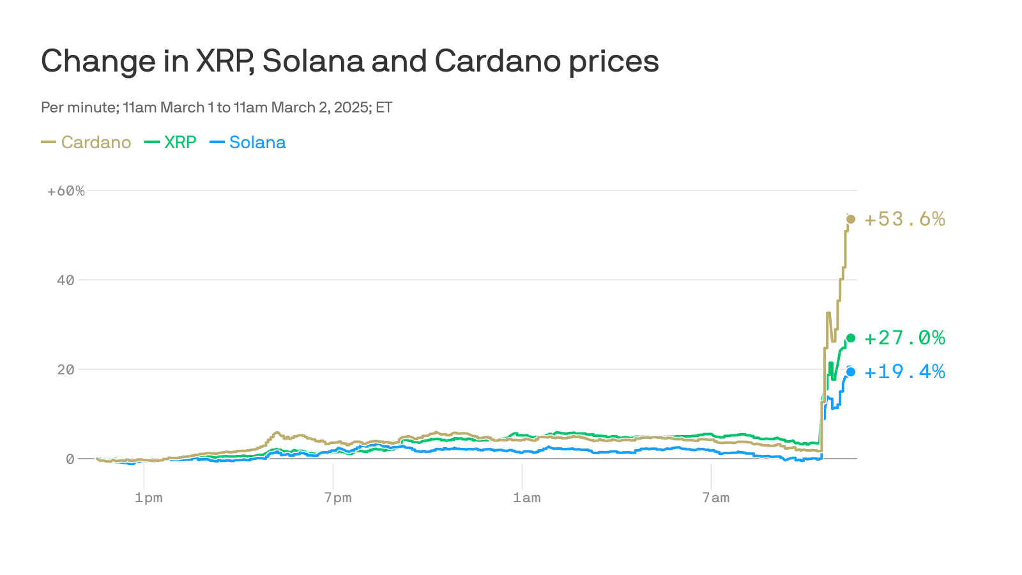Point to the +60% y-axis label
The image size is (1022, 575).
click(x=66, y=191)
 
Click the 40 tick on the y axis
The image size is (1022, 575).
click(x=66, y=280)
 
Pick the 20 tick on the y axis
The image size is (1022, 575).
click(x=66, y=369)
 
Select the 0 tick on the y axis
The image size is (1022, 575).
click(x=70, y=459)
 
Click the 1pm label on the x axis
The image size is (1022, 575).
click(x=148, y=498)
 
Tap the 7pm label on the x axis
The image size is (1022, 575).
click(x=337, y=498)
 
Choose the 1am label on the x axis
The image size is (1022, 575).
click(x=526, y=498)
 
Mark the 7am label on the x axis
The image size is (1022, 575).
click(x=715, y=498)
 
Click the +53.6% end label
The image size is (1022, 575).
click(x=904, y=219)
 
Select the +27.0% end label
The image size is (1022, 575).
click(x=904, y=337)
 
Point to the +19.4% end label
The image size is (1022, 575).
click(x=904, y=371)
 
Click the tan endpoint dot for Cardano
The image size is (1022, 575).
click(x=851, y=219)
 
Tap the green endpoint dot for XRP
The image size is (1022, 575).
click(x=851, y=338)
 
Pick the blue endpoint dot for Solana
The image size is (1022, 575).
click(x=851, y=372)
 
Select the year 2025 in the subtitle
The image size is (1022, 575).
click(x=351, y=107)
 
